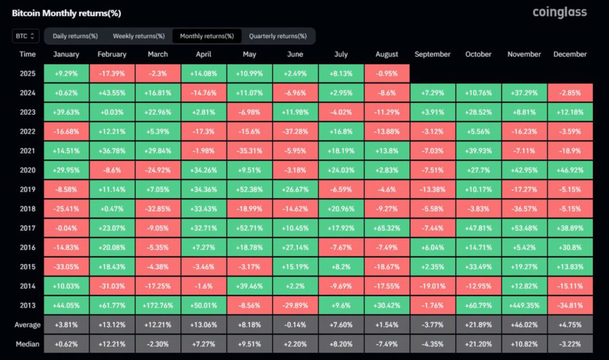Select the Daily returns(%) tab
coord(76,36)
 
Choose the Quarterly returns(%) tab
coord(278,36)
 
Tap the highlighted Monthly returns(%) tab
coord(206,36)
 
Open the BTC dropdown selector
coord(26,36)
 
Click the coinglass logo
coord(559,12)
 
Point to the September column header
coord(433,54)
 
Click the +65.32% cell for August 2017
coord(387,228)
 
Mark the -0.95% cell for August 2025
coord(387,74)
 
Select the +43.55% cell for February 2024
coord(112,93)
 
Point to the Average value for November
coord(524,325)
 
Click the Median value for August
coord(387,344)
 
